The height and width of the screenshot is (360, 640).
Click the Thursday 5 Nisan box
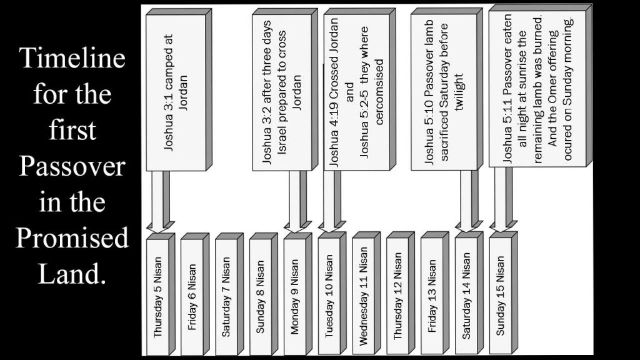click(x=161, y=294)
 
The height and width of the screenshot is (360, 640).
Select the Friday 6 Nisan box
click(x=195, y=294)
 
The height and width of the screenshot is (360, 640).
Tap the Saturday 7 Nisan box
click(x=229, y=294)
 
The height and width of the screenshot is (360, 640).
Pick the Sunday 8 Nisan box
click(x=263, y=294)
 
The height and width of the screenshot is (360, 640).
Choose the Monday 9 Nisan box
click(x=297, y=294)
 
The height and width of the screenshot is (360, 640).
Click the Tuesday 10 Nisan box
click(x=332, y=293)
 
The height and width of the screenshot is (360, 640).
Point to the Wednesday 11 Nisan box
click(x=366, y=293)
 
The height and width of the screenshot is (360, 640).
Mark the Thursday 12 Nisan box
click(x=401, y=293)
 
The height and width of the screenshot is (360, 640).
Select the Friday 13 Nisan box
click(x=435, y=293)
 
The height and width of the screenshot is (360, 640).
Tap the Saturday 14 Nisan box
click(x=469, y=293)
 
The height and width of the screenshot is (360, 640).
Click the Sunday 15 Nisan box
click(x=503, y=293)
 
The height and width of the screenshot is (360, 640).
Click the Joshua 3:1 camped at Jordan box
click(x=179, y=90)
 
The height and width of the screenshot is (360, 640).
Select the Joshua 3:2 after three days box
click(x=285, y=90)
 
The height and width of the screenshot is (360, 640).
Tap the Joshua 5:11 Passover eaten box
click(x=541, y=86)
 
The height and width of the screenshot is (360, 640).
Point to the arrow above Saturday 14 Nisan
click(x=469, y=201)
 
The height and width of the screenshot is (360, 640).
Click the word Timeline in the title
click(x=72, y=57)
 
